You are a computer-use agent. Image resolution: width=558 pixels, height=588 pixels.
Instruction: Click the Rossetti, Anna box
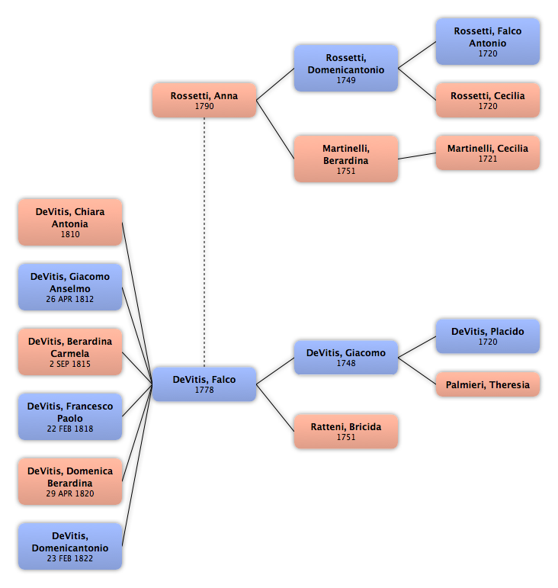pyautogui.click(x=204, y=100)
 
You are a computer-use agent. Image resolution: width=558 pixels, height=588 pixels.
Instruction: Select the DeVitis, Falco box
pyautogui.click(x=204, y=384)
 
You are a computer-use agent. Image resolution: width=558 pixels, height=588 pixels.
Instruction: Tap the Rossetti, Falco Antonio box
pyautogui.click(x=488, y=42)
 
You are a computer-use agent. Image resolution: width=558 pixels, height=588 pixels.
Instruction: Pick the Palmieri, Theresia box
pyautogui.click(x=488, y=384)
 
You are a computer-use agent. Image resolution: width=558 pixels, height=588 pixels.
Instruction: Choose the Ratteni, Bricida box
pyautogui.click(x=346, y=431)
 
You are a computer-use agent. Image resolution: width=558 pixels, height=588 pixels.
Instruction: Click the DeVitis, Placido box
pyautogui.click(x=488, y=336)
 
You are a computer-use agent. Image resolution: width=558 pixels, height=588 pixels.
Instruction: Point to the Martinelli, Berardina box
pyautogui.click(x=346, y=159)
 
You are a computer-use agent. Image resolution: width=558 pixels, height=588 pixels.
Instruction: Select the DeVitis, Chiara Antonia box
pyautogui.click(x=70, y=223)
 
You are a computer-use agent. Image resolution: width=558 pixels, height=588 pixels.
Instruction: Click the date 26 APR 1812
pyautogui.click(x=70, y=299)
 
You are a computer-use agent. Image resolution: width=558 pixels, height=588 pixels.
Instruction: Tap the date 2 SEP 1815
pyautogui.click(x=70, y=364)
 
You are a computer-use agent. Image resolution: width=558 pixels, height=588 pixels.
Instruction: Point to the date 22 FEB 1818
pyautogui.click(x=70, y=429)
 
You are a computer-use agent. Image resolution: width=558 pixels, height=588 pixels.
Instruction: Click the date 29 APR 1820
pyautogui.click(x=70, y=493)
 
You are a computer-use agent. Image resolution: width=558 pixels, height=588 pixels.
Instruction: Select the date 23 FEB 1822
pyautogui.click(x=70, y=558)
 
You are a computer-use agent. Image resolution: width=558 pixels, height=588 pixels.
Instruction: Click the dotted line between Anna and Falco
pyautogui.click(x=204, y=243)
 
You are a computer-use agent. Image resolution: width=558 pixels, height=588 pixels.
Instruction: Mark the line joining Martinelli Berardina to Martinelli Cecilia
pyautogui.click(x=417, y=156)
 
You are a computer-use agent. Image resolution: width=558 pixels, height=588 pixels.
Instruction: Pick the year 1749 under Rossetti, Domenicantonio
pyautogui.click(x=346, y=80)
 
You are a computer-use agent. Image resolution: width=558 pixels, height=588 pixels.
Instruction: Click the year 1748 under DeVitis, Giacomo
pyautogui.click(x=346, y=363)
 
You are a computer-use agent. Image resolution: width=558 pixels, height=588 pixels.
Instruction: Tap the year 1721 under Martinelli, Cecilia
pyautogui.click(x=488, y=159)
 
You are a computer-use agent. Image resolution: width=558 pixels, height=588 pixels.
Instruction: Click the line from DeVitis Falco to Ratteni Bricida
pyautogui.click(x=275, y=407)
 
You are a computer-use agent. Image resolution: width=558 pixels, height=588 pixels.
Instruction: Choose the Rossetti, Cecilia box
pyautogui.click(x=488, y=100)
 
